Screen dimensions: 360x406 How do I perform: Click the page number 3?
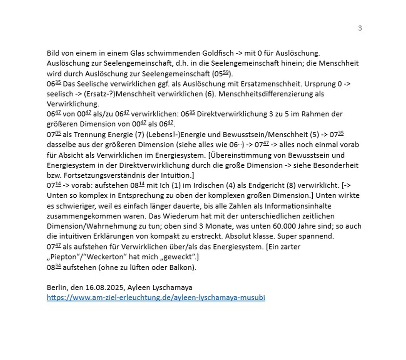[x=360, y=28]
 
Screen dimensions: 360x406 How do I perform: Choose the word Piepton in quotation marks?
[x=63, y=257]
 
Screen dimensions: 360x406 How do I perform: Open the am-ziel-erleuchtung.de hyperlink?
[x=156, y=298]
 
